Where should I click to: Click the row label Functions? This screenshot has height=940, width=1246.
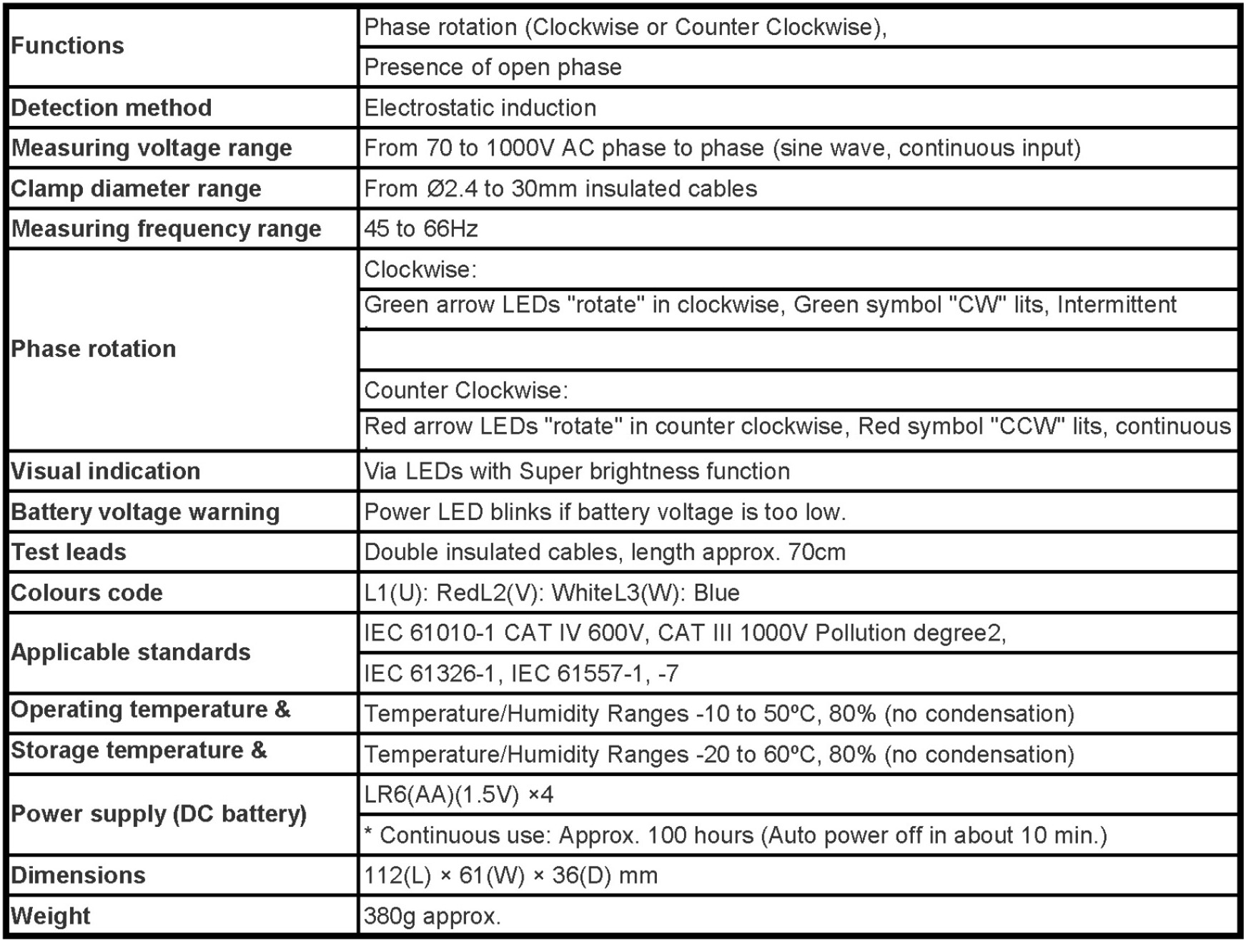point(68,46)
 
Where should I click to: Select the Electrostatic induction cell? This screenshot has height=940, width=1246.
point(480,108)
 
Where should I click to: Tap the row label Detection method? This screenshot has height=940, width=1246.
point(112,108)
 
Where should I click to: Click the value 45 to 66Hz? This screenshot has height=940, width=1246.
point(420,229)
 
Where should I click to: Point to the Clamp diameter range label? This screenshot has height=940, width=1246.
point(137,189)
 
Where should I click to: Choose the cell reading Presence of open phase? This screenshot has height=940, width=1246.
point(493,67)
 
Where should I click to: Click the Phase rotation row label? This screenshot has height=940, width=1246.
point(94,349)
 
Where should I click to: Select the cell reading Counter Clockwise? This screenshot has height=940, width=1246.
point(466,391)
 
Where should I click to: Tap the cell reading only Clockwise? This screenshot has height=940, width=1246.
point(420,270)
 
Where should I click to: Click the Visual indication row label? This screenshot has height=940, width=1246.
point(106,471)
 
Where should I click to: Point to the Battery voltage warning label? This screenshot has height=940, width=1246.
point(145,512)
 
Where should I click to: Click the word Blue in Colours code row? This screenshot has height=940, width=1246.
point(716,593)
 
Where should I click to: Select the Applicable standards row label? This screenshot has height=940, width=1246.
point(131,652)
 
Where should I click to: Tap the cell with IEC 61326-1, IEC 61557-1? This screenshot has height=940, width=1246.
point(521,673)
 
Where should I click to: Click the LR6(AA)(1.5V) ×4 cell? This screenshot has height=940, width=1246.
point(458,795)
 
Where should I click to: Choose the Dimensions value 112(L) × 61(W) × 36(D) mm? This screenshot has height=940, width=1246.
point(510,876)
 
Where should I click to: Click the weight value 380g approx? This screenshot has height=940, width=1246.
point(432,916)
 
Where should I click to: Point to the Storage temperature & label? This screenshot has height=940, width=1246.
point(139,750)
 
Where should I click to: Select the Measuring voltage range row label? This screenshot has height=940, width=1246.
point(152,148)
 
